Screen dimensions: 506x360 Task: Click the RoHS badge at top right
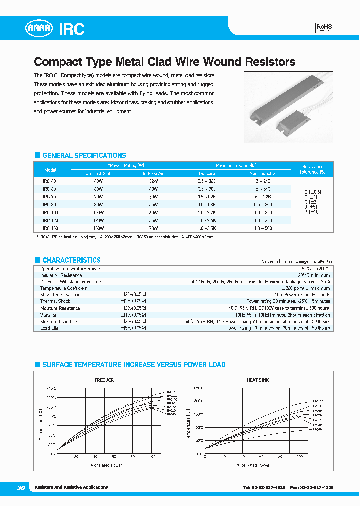point(324,28)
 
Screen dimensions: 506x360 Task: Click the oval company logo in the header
point(39,29)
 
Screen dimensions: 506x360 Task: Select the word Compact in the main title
point(56,62)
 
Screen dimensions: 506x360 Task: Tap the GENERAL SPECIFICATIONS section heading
point(84,155)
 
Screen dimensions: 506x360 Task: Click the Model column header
point(50,170)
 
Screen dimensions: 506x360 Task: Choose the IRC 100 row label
point(50,213)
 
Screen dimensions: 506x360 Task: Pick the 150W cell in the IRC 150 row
point(98,228)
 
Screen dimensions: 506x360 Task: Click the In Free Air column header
point(153,174)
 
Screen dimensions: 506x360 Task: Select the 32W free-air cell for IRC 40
point(153,181)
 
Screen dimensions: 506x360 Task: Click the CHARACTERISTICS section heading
point(71,260)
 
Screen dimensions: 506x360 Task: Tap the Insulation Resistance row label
point(61,275)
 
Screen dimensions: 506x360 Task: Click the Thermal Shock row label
point(55,301)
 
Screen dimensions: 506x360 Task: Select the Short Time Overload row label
point(60,295)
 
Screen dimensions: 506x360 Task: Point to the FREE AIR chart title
point(104,380)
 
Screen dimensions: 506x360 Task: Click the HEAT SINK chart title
point(258,380)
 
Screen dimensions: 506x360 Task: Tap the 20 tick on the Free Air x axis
point(76,457)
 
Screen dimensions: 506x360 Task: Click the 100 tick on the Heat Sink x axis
point(299,457)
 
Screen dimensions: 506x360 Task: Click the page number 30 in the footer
point(21,488)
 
